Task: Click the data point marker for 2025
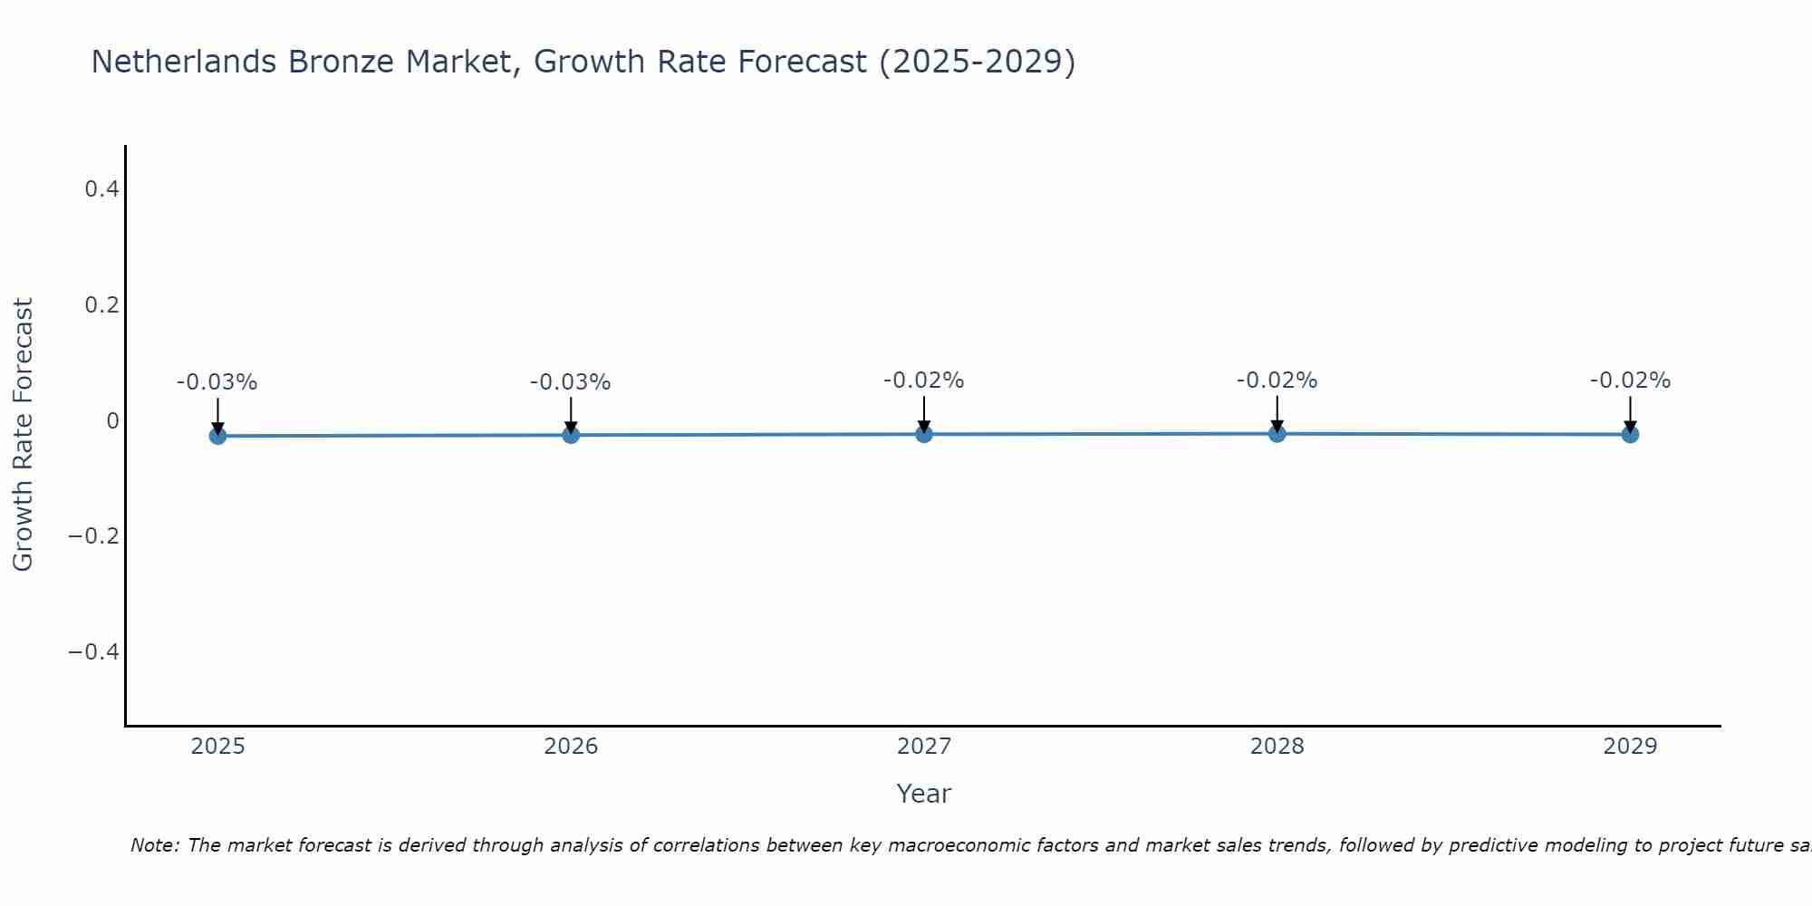(x=217, y=436)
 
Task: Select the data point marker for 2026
(x=571, y=435)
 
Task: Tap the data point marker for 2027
(x=924, y=434)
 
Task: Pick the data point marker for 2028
(x=1277, y=433)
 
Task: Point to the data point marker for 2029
(x=1630, y=434)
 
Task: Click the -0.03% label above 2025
(x=217, y=382)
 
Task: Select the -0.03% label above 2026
(x=571, y=382)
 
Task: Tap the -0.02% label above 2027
(x=924, y=381)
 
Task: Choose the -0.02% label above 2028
(x=1277, y=381)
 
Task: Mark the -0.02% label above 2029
(x=1630, y=381)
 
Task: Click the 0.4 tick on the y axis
(x=101, y=189)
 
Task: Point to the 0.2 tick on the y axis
(x=101, y=305)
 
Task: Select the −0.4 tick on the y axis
(x=93, y=652)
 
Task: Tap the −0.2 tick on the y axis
(x=93, y=536)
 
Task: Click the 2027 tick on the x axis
(x=924, y=747)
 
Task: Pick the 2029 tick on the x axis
(x=1630, y=747)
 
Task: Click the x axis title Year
(x=924, y=794)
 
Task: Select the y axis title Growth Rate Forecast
(x=24, y=435)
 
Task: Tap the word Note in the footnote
(x=154, y=845)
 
